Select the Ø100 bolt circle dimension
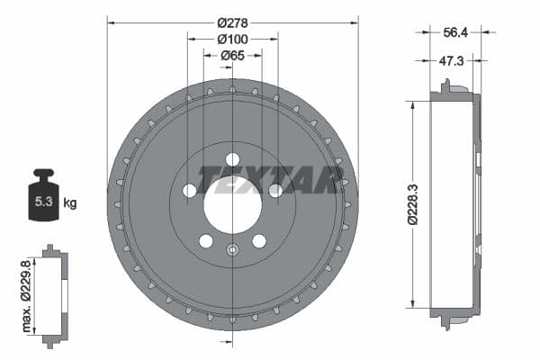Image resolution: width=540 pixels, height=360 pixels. pyautogui.click(x=233, y=39)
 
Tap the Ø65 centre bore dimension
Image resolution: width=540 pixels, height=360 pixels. pyautogui.click(x=233, y=56)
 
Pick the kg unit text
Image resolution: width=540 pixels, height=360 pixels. pyautogui.click(x=69, y=202)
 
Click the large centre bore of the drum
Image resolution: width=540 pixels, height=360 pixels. pyautogui.click(x=232, y=203)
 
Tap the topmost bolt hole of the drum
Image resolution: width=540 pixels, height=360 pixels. pyautogui.click(x=233, y=159)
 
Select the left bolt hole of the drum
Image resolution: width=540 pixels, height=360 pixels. pyautogui.click(x=190, y=191)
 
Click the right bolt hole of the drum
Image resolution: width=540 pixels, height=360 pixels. pyautogui.click(x=275, y=190)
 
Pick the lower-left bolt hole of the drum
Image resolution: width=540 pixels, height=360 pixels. pyautogui.click(x=206, y=241)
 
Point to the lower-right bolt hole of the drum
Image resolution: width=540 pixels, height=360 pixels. pyautogui.click(x=259, y=241)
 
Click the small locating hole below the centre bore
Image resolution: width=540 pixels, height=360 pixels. pyautogui.click(x=232, y=251)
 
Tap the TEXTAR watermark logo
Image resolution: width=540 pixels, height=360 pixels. pyautogui.click(x=270, y=180)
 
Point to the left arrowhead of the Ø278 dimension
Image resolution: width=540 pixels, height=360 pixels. pyautogui.click(x=111, y=18)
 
